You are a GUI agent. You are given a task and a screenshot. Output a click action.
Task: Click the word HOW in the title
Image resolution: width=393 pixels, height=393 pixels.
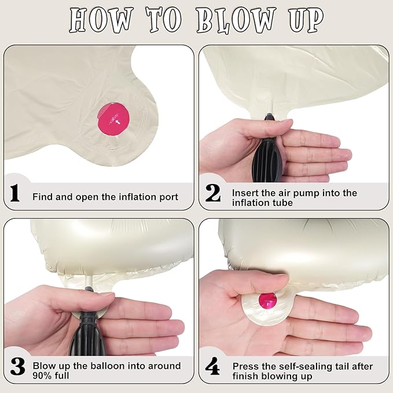101,20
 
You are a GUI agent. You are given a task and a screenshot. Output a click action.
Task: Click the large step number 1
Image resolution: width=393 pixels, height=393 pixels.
14,193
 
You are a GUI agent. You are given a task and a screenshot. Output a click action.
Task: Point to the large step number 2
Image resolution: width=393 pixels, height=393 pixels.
213,193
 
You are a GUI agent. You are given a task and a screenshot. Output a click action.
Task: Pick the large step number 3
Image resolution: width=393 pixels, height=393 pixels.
17,367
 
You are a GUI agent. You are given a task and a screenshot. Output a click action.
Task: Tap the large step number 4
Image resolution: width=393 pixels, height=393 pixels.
212,366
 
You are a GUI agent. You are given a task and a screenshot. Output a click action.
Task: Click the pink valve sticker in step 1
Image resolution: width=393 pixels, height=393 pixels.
113,119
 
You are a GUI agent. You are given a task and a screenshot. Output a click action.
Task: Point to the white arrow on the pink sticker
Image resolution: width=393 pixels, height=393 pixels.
118,122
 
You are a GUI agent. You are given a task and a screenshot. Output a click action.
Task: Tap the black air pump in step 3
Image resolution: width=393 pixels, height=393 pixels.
85,326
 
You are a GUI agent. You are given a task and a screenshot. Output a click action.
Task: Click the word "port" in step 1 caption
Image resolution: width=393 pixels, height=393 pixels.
169,197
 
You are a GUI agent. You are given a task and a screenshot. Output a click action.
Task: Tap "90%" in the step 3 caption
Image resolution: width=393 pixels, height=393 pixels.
42,376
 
